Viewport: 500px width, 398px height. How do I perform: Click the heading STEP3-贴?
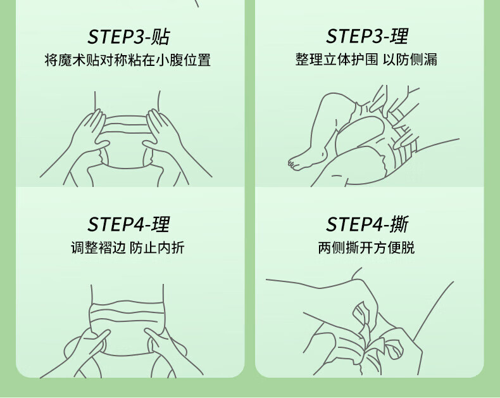click(128, 37)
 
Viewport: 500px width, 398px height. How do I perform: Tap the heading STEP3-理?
click(366, 35)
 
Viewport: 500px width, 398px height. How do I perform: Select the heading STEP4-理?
click(128, 224)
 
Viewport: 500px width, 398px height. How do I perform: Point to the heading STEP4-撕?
click(367, 224)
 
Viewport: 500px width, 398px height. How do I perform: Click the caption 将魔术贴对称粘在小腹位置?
click(128, 60)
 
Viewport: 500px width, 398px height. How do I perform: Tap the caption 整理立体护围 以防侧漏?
click(366, 60)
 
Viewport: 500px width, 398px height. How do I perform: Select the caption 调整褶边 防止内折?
click(128, 248)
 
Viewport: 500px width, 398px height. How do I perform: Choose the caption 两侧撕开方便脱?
click(366, 248)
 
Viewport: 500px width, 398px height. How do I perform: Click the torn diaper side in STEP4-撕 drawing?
click(365, 332)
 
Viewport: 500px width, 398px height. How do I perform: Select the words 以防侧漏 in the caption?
click(409, 60)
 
